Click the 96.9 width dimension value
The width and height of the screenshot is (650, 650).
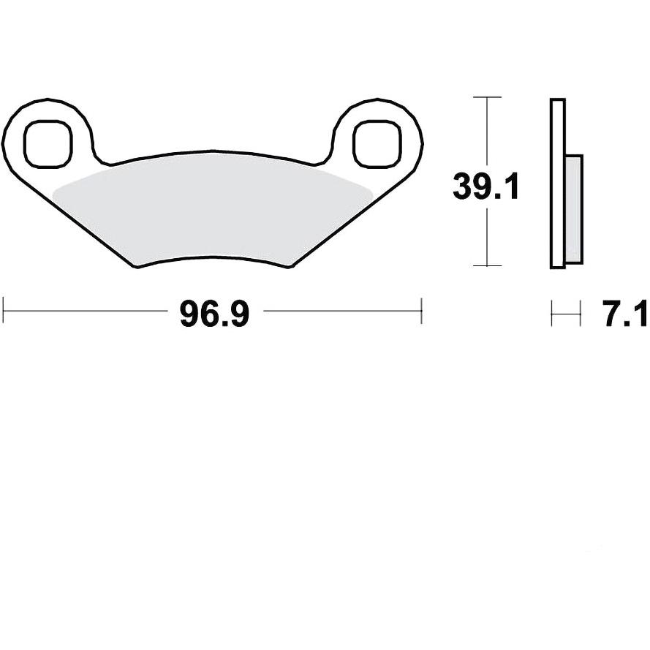pyautogui.click(x=214, y=314)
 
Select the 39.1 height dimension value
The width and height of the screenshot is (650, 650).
pyautogui.click(x=485, y=186)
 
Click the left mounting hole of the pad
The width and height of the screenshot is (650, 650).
pyautogui.click(x=48, y=144)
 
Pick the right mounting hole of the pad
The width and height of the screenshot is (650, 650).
pyautogui.click(x=377, y=144)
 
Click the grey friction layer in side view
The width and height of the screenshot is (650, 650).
pyautogui.click(x=574, y=209)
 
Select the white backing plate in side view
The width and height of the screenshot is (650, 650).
pyautogui.click(x=558, y=184)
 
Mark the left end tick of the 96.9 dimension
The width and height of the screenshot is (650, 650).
pyautogui.click(x=4, y=311)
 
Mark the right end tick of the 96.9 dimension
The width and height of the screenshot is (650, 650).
pyautogui.click(x=421, y=311)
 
